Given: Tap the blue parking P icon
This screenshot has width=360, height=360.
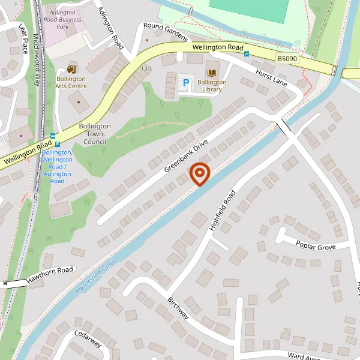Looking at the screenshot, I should tap(185, 83).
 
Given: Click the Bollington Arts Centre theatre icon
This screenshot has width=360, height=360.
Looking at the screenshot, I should tap(71, 70).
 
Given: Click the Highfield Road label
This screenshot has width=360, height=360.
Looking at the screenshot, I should tap(223, 210).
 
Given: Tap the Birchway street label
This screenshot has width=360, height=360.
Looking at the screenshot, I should tap(178, 308).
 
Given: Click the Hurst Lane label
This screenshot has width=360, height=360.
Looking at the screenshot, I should tap(272, 76).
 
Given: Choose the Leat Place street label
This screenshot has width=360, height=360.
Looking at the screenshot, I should tap(23, 38).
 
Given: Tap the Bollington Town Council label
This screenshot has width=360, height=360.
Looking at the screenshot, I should tap(95, 134).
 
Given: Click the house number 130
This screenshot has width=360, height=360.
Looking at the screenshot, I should tap(146, 69).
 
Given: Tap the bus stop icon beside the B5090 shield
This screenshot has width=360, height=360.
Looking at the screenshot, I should tap(247, 54).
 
